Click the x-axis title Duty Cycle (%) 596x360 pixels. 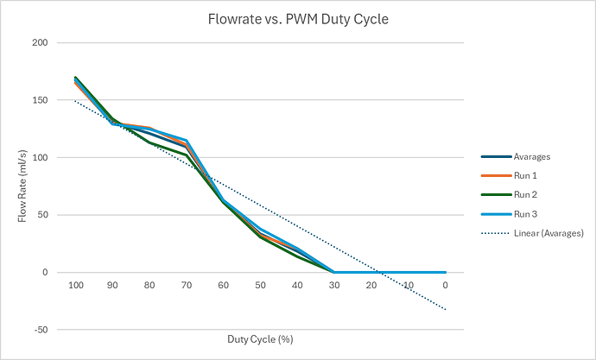coord(260,339)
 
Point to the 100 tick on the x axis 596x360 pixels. coord(76,285)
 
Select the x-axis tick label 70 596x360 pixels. coord(187,285)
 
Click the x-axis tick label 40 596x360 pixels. coord(298,285)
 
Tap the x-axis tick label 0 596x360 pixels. coord(446,285)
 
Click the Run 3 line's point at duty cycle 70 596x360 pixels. coord(187,140)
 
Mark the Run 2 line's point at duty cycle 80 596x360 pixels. coord(149,142)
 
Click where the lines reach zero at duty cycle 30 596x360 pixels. coord(335,272)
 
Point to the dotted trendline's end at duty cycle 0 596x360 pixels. coord(446,309)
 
